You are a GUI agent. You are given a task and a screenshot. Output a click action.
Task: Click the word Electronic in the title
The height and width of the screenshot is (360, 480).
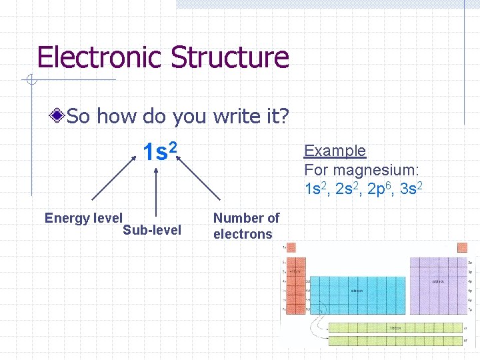tap(101, 57)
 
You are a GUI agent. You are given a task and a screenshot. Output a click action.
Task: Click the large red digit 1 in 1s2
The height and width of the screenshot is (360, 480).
tap(148, 153)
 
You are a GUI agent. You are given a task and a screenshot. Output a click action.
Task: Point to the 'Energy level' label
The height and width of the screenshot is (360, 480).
tap(83, 218)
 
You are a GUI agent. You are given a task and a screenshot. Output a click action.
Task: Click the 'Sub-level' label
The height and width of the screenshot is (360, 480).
tap(152, 231)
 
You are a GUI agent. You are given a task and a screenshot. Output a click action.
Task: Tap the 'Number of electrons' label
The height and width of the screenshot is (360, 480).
tap(246, 226)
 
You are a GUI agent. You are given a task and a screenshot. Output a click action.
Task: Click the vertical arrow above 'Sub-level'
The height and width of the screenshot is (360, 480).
tap(157, 193)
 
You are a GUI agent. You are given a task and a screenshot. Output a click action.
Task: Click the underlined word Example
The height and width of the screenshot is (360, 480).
tap(335, 151)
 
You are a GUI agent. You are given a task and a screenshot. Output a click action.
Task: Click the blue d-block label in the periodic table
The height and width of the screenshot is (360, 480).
tap(358, 290)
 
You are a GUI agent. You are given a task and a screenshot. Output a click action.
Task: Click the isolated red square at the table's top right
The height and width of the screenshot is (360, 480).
tap(463, 247)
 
